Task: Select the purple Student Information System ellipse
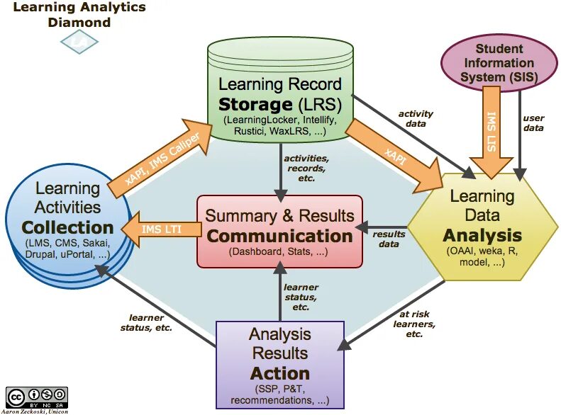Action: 499,62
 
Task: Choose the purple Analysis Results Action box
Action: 279,364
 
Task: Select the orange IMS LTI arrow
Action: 160,228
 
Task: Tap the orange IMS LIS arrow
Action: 491,131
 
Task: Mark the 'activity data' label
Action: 416,118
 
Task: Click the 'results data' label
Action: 389,239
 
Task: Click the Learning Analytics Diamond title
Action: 79,14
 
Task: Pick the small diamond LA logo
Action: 74,43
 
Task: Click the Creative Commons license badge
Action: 37,396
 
